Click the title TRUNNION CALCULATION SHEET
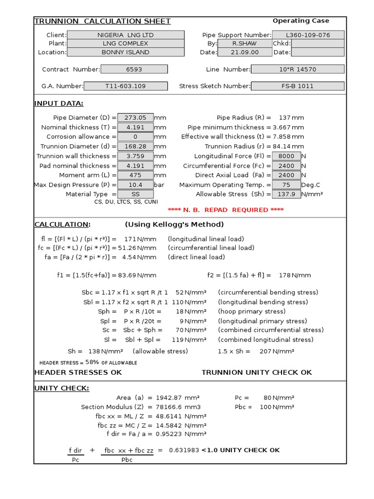pyautogui.click(x=102, y=21)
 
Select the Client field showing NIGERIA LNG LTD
pyautogui.click(x=125, y=35)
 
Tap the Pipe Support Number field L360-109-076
pyautogui.click(x=308, y=35)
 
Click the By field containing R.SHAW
pyautogui.click(x=244, y=43)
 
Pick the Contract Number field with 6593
pyautogui.click(x=134, y=69)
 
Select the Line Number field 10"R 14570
pyautogui.click(x=298, y=69)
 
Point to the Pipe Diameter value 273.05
pyautogui.click(x=135, y=117)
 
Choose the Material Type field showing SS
pyautogui.click(x=135, y=194)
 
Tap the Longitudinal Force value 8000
pyautogui.click(x=286, y=156)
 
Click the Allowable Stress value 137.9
pyautogui.click(x=286, y=194)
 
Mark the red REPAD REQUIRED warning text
pyautogui.click(x=225, y=210)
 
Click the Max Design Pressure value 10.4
pyautogui.click(x=135, y=185)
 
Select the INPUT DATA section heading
pyautogui.click(x=58, y=103)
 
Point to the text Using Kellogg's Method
pyautogui.click(x=174, y=225)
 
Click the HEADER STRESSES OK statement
pyautogui.click(x=78, y=372)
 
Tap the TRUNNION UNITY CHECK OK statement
pyautogui.click(x=257, y=372)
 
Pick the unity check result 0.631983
pyautogui.click(x=184, y=450)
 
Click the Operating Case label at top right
pyautogui.click(x=300, y=21)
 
